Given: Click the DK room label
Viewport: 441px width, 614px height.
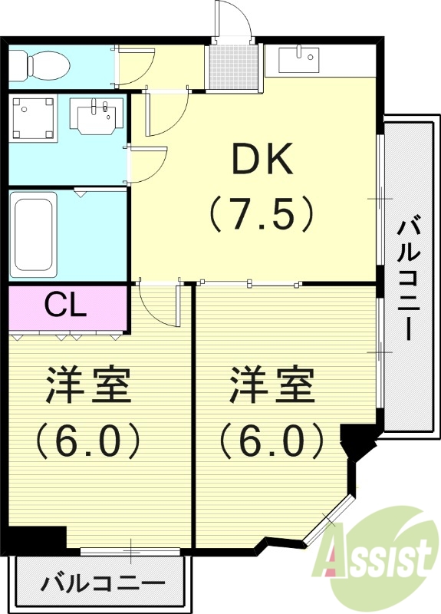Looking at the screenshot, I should [x=263, y=160].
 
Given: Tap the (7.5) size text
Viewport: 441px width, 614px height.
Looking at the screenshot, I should [x=263, y=214].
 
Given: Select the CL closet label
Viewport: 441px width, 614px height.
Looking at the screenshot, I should [x=65, y=305].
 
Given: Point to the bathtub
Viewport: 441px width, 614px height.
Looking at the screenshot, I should [x=33, y=233].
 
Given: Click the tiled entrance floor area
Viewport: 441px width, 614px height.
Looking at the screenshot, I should [x=233, y=66].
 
